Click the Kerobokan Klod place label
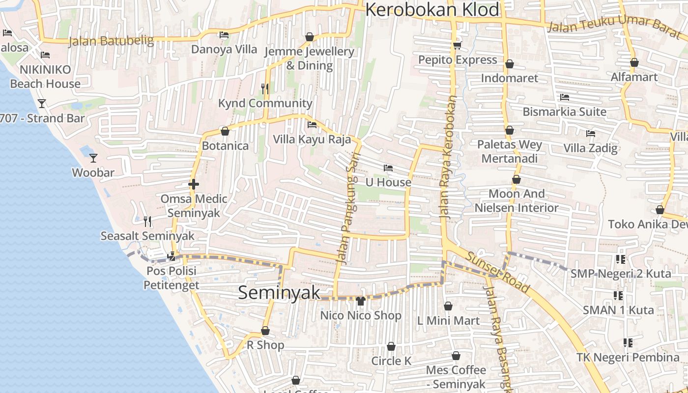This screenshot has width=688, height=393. pyautogui.click(x=432, y=10)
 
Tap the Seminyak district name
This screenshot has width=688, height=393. pyautogui.click(x=279, y=293)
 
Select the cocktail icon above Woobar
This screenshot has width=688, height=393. pyautogui.click(x=93, y=158)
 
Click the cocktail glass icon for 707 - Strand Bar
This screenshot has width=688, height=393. pyautogui.click(x=42, y=104)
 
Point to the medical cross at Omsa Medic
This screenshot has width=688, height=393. pyautogui.click(x=194, y=185)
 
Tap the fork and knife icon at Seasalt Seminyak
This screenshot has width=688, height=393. pyautogui.click(x=147, y=222)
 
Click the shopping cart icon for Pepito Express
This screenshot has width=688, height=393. pyautogui.click(x=457, y=46)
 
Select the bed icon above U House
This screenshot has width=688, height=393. pyautogui.click(x=388, y=168)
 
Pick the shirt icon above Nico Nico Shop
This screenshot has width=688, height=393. pyautogui.click(x=360, y=301)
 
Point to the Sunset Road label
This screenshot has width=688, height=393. pyautogui.click(x=497, y=272)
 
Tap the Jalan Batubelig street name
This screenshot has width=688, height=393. pyautogui.click(x=111, y=40)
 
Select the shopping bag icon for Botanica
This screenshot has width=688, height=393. pyautogui.click(x=225, y=132)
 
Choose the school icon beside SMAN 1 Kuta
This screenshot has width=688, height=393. pyautogui.click(x=618, y=296)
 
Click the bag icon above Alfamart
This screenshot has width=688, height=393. pyautogui.click(x=634, y=63)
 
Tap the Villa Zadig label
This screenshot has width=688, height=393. pyautogui.click(x=590, y=148)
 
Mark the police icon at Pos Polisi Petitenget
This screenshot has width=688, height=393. pyautogui.click(x=172, y=256)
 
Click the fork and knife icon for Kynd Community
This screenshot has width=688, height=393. pyautogui.click(x=265, y=88)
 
